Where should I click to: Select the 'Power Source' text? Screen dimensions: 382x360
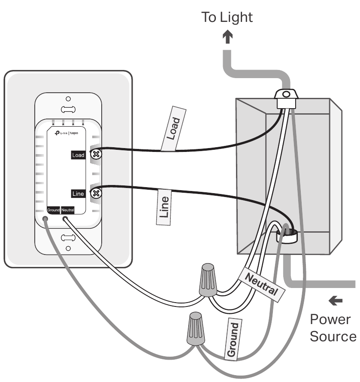(x=333, y=328)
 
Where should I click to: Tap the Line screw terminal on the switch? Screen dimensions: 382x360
(x=97, y=193)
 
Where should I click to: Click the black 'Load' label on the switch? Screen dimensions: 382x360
(x=79, y=155)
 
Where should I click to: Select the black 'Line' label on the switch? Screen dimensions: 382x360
(x=79, y=194)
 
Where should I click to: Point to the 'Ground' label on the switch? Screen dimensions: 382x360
(x=53, y=210)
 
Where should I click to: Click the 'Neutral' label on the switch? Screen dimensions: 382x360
(x=68, y=210)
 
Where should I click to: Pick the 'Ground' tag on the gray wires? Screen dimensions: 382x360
(x=233, y=339)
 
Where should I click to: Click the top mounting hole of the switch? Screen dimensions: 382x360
(x=68, y=99)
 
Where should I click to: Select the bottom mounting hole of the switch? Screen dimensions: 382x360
(x=68, y=249)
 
